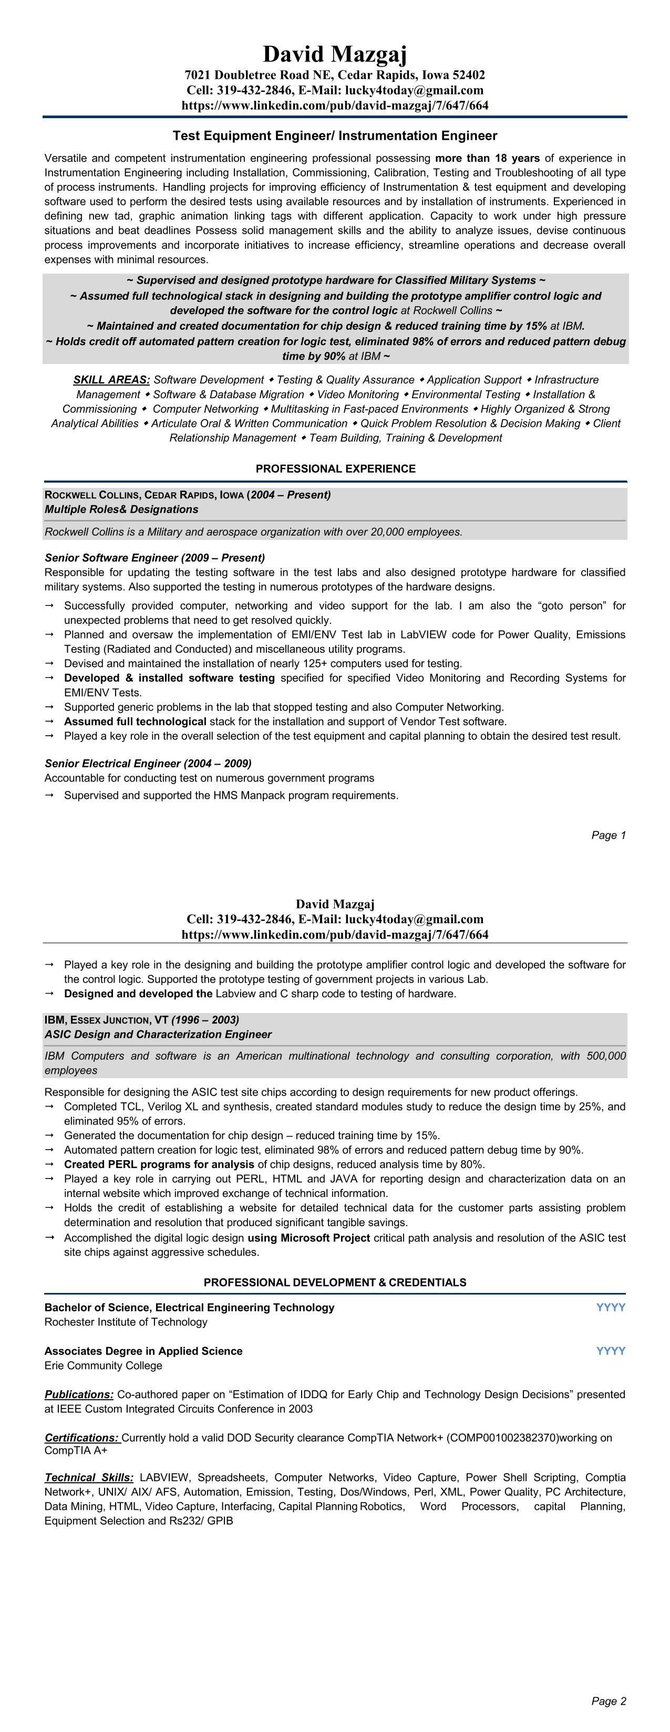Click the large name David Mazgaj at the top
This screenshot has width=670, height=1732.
(334, 54)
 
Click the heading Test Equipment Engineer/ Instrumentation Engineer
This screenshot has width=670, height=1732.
(334, 136)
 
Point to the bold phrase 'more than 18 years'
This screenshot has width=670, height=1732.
(487, 158)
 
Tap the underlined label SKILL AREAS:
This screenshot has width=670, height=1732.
(111, 380)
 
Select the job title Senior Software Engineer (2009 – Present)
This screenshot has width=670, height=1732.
(154, 557)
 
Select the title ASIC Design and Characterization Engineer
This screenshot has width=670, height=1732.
(158, 1034)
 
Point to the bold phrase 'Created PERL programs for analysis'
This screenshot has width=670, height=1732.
(159, 1164)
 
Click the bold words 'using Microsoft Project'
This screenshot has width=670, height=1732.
(309, 1237)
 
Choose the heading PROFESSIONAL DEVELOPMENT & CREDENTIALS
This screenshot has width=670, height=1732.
(334, 1282)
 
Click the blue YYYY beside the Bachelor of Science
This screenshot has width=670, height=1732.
(610, 1307)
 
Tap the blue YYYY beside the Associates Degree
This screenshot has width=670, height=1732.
(610, 1351)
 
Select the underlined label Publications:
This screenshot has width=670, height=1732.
(79, 1394)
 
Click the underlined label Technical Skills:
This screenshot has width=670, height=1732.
(89, 1477)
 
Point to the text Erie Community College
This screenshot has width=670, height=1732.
(103, 1365)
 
